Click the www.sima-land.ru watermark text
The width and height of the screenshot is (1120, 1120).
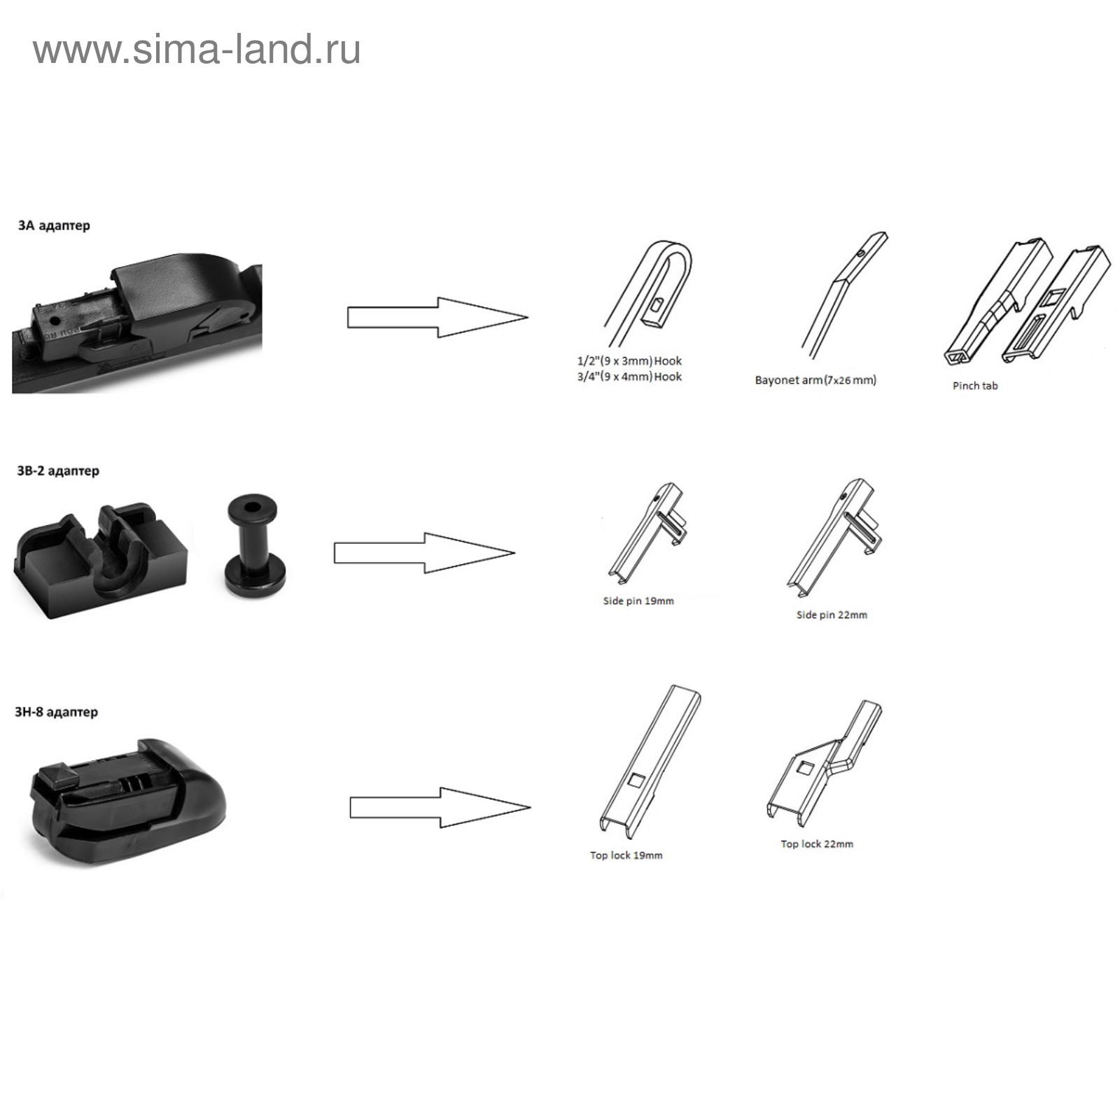click(197, 50)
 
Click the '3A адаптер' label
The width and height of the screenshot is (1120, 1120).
click(54, 225)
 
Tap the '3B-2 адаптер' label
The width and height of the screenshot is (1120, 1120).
click(58, 470)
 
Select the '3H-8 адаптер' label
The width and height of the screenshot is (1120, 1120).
click(57, 712)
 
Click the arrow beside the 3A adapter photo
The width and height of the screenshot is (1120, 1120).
click(437, 317)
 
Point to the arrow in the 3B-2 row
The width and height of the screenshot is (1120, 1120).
click(423, 553)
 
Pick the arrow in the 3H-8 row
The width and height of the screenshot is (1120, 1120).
click(440, 807)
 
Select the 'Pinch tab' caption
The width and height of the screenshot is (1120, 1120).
click(975, 386)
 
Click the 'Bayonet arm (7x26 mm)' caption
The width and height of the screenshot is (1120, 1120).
click(815, 380)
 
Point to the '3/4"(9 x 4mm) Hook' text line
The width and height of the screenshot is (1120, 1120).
click(629, 377)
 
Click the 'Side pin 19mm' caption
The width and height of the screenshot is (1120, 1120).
click(638, 601)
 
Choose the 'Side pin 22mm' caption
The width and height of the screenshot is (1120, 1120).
click(832, 615)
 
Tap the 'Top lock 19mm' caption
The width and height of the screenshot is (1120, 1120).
click(626, 855)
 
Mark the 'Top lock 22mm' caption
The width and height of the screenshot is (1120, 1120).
click(817, 843)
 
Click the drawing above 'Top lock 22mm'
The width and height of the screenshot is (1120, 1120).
click(825, 763)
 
